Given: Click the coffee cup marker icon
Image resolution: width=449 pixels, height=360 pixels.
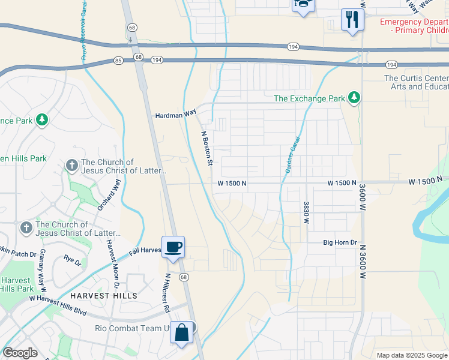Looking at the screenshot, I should [x=173, y=247].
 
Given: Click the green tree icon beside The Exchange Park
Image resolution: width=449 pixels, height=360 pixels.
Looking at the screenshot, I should [x=354, y=98].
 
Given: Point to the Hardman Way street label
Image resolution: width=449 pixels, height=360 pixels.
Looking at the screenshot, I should [x=176, y=113].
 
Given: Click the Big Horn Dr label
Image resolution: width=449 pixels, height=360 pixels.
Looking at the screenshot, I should [x=340, y=243].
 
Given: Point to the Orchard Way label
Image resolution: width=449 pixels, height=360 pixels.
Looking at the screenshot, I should [x=109, y=194].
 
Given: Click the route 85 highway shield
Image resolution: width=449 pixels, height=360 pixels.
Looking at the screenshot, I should [x=118, y=61].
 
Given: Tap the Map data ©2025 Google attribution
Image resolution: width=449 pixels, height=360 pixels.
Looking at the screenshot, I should [x=412, y=355].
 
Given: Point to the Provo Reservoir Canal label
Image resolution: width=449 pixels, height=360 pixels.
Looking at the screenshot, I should [x=83, y=30].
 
